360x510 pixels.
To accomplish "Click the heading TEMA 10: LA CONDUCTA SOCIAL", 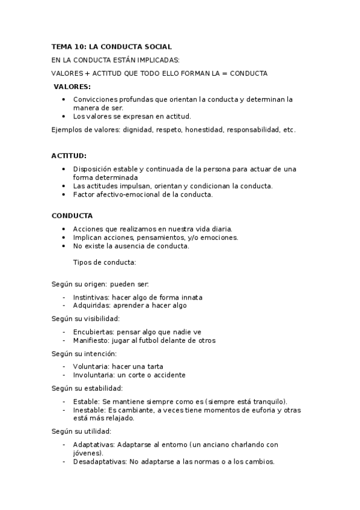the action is pos(112,46).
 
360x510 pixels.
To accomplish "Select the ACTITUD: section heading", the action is pos(69,155).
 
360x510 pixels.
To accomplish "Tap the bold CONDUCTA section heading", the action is pos(72,215).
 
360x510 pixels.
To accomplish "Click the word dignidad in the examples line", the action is pos(136,130).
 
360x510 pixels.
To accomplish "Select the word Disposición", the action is pos(94,169).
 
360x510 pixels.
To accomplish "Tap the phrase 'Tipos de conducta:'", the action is pos(104,262).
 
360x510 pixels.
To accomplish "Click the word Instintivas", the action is pos(91,297).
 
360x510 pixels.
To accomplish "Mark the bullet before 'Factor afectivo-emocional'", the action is pos(64,194).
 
